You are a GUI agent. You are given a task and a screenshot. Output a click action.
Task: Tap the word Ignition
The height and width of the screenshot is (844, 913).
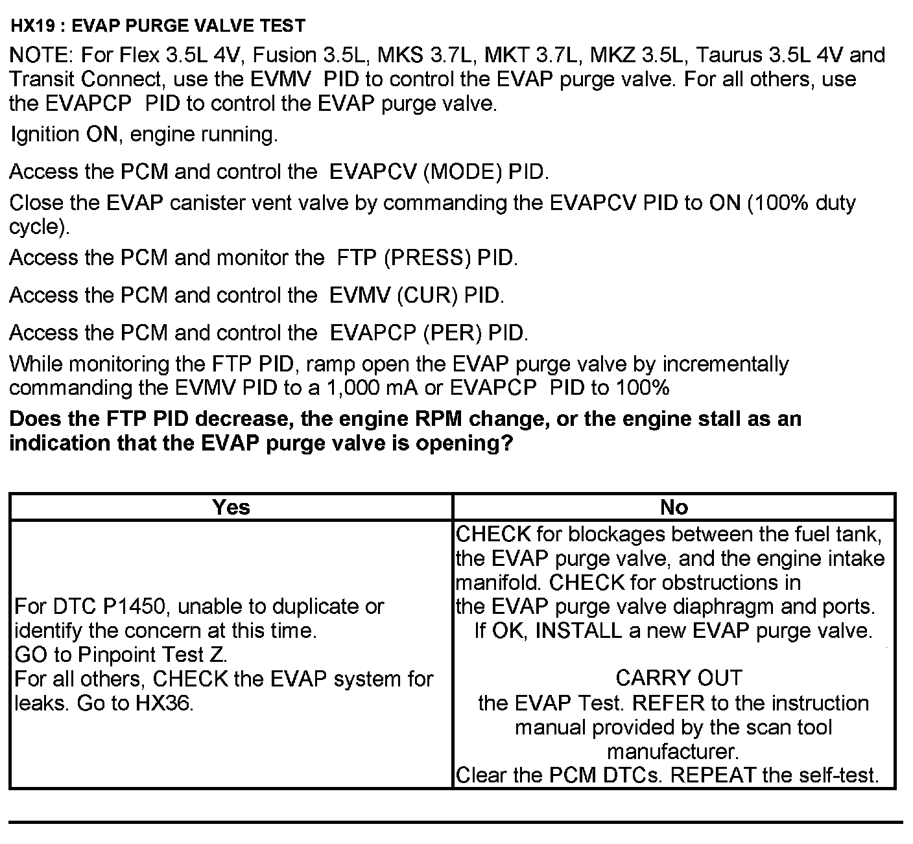pyautogui.click(x=45, y=135)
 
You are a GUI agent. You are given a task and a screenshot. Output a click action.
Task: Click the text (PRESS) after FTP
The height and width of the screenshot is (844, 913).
pyautogui.click(x=427, y=258)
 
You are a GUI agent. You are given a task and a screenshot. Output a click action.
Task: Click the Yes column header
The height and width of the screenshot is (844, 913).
pyautogui.click(x=231, y=507)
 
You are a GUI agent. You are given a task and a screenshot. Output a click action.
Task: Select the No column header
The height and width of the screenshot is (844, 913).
pyautogui.click(x=674, y=507)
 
